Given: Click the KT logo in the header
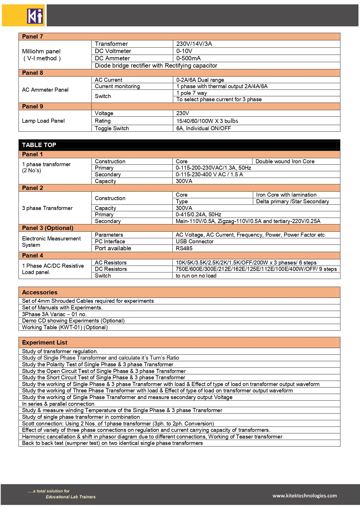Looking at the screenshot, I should [x=35, y=16].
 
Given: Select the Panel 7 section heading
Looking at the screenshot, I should [x=32, y=37].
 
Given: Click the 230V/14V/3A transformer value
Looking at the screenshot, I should [x=194, y=44].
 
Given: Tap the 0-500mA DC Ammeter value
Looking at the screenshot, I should [x=188, y=58].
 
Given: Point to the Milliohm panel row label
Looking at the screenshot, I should [x=41, y=55].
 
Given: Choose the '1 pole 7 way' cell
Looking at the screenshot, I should [x=191, y=93].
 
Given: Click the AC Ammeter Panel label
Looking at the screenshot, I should [x=45, y=90].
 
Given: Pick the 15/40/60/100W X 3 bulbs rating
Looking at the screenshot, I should [x=207, y=121].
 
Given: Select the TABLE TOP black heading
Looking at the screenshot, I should [x=39, y=145].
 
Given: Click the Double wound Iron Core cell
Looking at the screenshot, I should [x=285, y=162].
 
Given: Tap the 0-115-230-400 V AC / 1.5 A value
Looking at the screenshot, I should [x=209, y=175].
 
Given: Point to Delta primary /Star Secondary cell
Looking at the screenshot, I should [x=292, y=202].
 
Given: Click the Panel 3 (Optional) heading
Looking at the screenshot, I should [x=48, y=228].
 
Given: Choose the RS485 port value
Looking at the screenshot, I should [x=184, y=249].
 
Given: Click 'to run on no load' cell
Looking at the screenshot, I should [x=196, y=276].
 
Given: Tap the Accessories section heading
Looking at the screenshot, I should [x=40, y=292].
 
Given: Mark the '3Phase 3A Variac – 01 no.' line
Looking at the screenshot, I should [x=54, y=314].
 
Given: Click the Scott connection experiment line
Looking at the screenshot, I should [x=118, y=424].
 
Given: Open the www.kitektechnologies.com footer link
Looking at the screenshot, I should [x=305, y=496].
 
